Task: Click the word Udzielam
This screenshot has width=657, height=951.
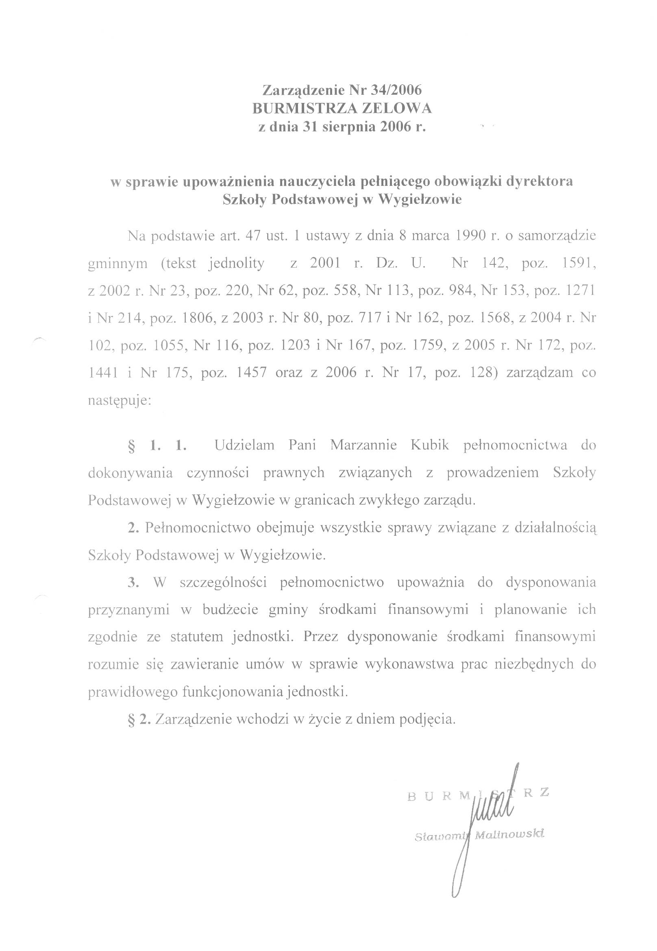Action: tap(244, 445)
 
